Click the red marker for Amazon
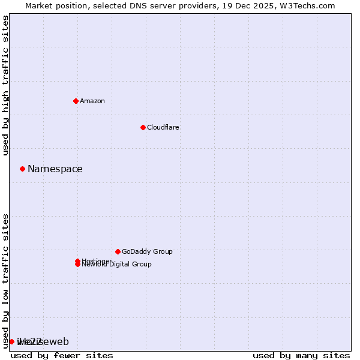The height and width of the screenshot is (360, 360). pyautogui.click(x=76, y=101)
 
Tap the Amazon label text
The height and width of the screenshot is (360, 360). pyautogui.click(x=92, y=101)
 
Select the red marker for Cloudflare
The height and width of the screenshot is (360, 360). pyautogui.click(x=143, y=127)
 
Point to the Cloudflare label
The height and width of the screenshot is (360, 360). pyautogui.click(x=163, y=127)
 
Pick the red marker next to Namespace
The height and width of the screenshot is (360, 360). pyautogui.click(x=22, y=169)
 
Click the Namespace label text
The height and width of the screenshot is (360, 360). pyautogui.click(x=55, y=169)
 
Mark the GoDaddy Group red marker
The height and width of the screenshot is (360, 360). pyautogui.click(x=118, y=251)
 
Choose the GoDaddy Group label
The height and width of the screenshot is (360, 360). pyautogui.click(x=146, y=251)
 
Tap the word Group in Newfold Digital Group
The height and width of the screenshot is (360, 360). pyautogui.click(x=142, y=264)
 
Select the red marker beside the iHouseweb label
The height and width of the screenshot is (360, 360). pyautogui.click(x=11, y=341)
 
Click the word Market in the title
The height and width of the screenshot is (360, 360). pyautogui.click(x=40, y=5)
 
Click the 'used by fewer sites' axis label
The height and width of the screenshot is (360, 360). pyautogui.click(x=62, y=355)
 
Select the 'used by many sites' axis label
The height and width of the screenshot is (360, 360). pyautogui.click(x=301, y=355)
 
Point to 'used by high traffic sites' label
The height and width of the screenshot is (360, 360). pyautogui.click(x=6, y=86)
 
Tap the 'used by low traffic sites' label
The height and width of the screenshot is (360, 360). pyautogui.click(x=6, y=280)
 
